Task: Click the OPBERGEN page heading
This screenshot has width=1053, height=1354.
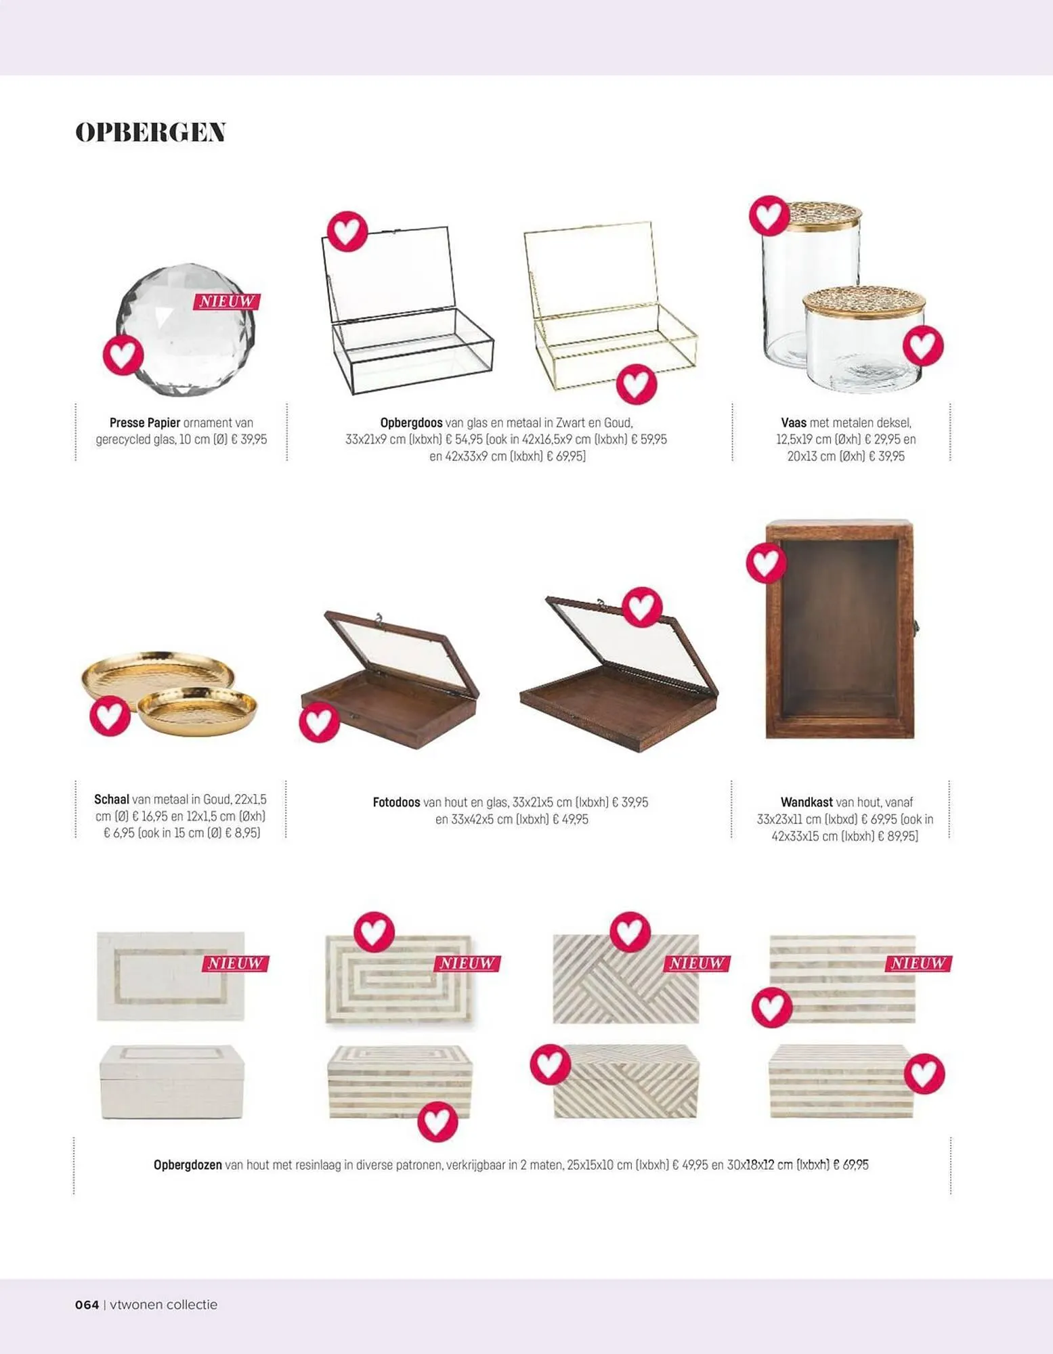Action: tap(150, 132)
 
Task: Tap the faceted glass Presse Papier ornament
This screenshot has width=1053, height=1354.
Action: tap(186, 330)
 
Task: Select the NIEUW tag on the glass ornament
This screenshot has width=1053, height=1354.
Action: tap(227, 301)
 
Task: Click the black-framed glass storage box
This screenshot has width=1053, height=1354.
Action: tap(407, 310)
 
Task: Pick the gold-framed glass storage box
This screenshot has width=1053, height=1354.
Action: tap(609, 306)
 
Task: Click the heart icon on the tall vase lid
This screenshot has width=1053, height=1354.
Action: tap(769, 215)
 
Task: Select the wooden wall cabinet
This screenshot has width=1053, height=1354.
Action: tap(840, 629)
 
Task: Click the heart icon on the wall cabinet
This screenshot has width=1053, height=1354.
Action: tap(767, 563)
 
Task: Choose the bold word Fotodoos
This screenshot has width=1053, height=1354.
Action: tap(396, 802)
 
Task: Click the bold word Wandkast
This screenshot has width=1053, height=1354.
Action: tap(807, 802)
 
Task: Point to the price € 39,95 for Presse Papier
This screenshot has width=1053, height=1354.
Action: tap(249, 439)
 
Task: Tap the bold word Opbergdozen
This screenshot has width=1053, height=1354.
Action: tap(188, 1165)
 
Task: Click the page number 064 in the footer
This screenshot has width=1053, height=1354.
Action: tap(87, 1305)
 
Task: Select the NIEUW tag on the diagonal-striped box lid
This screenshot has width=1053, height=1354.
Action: tap(697, 963)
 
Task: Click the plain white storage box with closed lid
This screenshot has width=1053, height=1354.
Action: tap(171, 1082)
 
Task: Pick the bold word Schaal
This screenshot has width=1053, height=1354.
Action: tap(112, 799)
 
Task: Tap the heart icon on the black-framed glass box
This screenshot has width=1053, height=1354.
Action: tap(347, 232)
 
